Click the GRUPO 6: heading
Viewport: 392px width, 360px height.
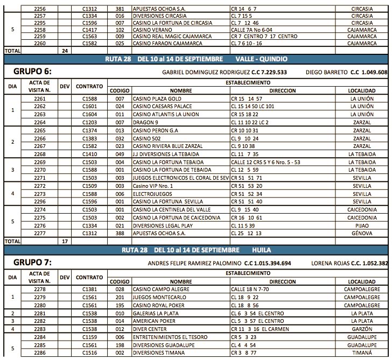[x=32, y=71]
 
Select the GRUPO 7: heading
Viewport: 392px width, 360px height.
[x=32, y=263]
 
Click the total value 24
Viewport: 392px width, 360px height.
[x=65, y=50]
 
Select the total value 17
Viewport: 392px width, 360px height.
[x=65, y=242]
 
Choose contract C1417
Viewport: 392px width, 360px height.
[x=90, y=30]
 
